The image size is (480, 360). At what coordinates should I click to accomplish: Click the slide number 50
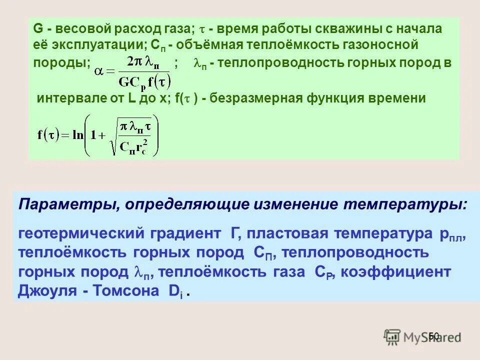pyautogui.click(x=433, y=336)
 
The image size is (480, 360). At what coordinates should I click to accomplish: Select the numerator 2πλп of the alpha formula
pyautogui.click(x=145, y=61)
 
